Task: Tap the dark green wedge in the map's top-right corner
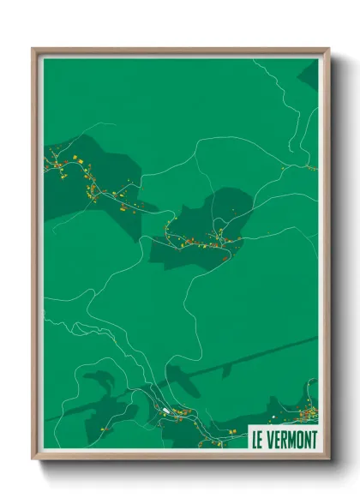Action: click(309, 75)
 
